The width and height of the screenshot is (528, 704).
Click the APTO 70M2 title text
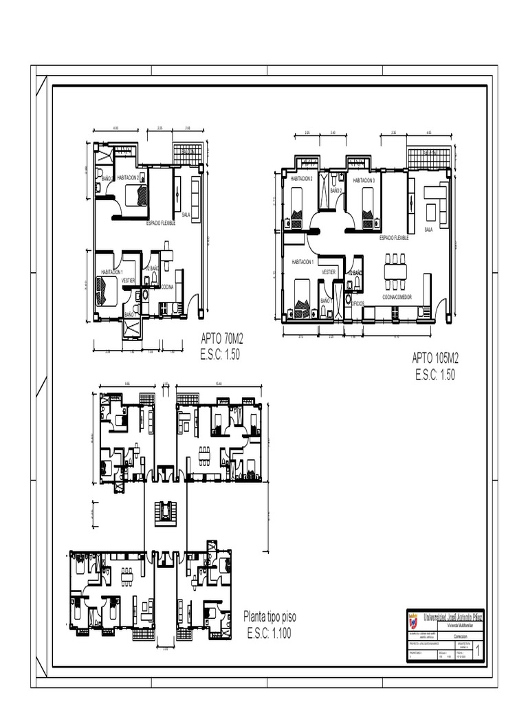click(x=223, y=338)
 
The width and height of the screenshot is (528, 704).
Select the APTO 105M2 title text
click(x=435, y=357)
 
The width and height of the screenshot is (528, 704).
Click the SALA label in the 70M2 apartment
click(x=186, y=214)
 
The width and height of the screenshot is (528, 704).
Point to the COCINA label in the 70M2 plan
click(x=167, y=287)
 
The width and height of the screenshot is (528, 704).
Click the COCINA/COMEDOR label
click(x=397, y=297)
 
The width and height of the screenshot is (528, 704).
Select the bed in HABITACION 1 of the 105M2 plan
click(x=302, y=296)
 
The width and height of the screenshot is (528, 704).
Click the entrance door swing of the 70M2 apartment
click(x=194, y=302)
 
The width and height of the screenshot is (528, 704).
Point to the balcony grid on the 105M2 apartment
click(x=429, y=155)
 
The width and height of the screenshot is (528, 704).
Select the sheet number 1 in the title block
click(x=478, y=650)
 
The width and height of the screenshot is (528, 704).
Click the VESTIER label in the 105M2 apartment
click(x=329, y=272)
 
